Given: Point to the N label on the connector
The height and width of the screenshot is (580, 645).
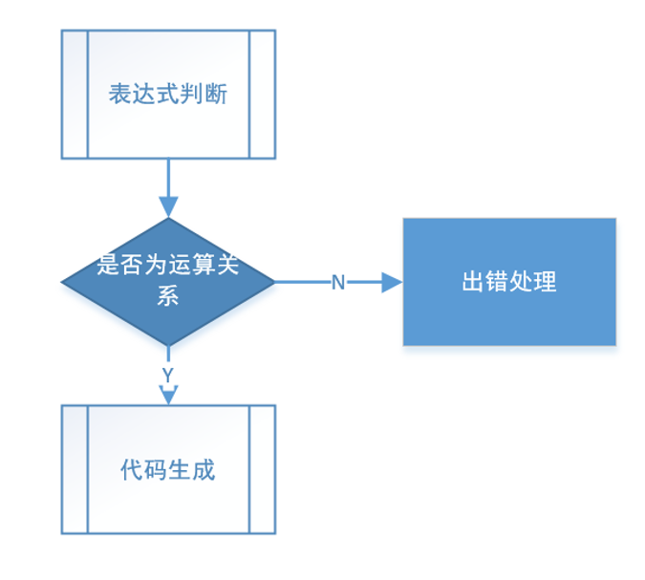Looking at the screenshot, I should [x=337, y=283].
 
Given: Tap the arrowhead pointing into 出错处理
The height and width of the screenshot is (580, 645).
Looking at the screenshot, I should [x=392, y=283].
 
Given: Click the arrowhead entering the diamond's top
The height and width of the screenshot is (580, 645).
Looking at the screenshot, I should [x=168, y=207].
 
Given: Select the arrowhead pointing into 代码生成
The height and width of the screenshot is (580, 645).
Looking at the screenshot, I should [x=168, y=395].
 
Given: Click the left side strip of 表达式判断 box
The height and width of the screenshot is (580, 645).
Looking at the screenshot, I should [x=75, y=94].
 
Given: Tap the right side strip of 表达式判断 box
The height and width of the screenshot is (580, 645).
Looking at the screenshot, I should [x=262, y=94].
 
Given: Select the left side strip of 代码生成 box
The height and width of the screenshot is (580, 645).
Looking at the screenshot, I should [x=75, y=469].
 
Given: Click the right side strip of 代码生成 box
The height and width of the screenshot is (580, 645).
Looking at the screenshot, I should [x=262, y=469].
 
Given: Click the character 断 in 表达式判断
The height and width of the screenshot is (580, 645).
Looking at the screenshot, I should [x=216, y=96].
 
